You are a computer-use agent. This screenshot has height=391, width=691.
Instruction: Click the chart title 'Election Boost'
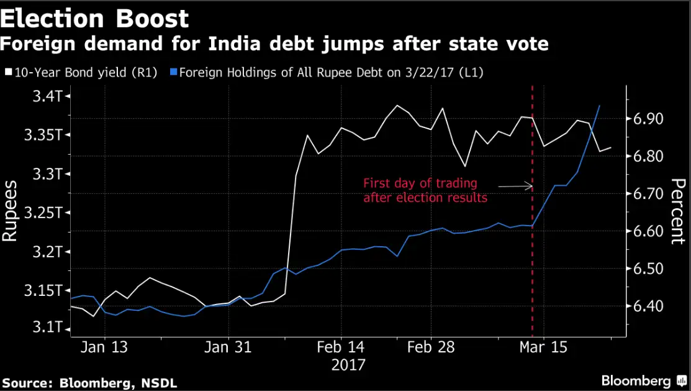click(94, 19)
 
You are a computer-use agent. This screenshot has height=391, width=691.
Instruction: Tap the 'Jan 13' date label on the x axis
click(104, 347)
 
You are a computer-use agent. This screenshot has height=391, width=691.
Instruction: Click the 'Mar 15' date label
click(543, 347)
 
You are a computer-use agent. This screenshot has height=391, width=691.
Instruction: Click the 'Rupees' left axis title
click(12, 211)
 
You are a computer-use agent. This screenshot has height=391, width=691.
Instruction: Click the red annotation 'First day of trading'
click(420, 184)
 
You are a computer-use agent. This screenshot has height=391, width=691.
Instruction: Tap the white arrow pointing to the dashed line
click(517, 185)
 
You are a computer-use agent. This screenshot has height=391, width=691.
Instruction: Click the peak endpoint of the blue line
click(599, 106)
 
